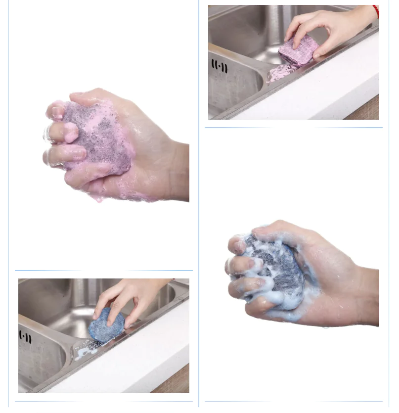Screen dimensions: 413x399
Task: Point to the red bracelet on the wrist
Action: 376,11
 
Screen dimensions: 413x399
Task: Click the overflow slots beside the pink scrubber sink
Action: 220,66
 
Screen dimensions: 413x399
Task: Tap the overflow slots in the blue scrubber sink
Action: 25,337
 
